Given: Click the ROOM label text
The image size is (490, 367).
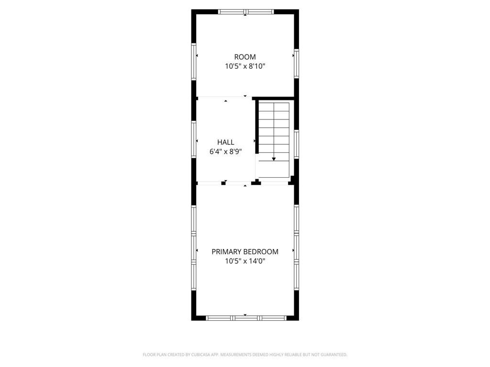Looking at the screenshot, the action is click(245, 57).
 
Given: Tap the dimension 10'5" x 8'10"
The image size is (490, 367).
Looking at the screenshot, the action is click(245, 66).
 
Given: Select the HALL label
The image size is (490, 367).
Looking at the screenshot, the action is click(226, 142).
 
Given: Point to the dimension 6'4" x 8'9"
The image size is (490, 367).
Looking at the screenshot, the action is click(226, 151).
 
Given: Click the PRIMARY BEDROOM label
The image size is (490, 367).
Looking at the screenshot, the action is click(245, 251).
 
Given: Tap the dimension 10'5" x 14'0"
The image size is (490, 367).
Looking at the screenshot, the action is click(245, 261).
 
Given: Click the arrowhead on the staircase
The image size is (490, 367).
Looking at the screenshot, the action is click(274, 159).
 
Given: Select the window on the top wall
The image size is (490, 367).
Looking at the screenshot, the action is click(246, 12).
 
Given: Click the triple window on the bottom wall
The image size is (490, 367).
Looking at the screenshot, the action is click(246, 318).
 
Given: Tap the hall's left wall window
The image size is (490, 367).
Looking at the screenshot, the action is click(194, 139).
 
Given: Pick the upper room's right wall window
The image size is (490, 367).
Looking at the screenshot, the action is click(297, 64).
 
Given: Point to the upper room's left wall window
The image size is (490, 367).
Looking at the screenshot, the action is click(194, 61).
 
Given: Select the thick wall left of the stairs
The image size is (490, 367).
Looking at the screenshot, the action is click(257, 127).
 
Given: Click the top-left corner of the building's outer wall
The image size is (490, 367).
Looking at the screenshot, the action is click(191, 10).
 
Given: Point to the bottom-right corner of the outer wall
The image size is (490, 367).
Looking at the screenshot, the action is click(299, 320).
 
